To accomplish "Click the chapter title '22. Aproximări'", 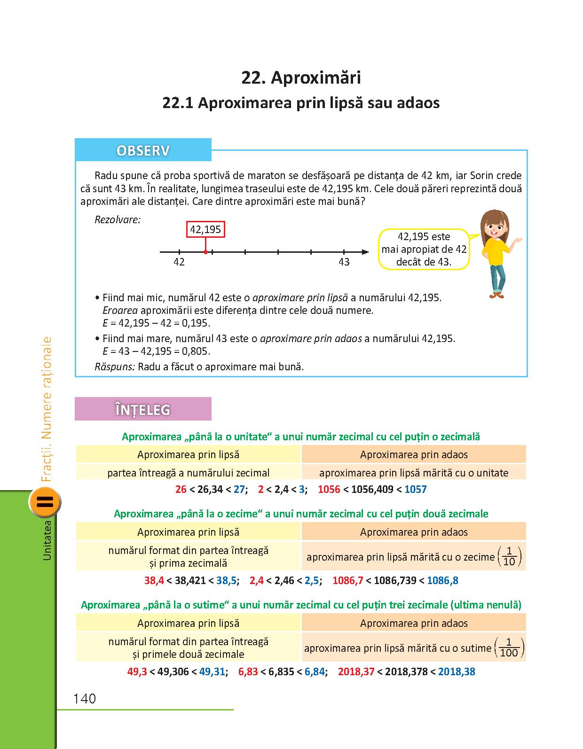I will coord(301,78).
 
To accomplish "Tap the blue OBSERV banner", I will coord(143,151).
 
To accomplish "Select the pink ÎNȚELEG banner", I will coord(143,409).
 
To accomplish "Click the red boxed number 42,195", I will coord(205,229).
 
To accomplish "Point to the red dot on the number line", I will coord(205,252).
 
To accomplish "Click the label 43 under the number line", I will coord(344,262).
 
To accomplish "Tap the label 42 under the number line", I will coord(179,262).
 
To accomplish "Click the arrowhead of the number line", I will coord(365,252).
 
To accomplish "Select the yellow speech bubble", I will coord(424,249).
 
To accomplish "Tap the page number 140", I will coord(85,699).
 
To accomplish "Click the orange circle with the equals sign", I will coord(45,501).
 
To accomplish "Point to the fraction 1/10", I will coord(509,557).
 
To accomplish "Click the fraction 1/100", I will coord(509,648).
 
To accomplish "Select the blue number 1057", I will coord(415,489).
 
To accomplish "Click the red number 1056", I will coord(329,489).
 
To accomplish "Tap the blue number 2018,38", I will coord(457,671).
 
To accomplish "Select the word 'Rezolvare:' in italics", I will coord(118,219).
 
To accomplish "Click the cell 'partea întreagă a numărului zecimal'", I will coord(188,473).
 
